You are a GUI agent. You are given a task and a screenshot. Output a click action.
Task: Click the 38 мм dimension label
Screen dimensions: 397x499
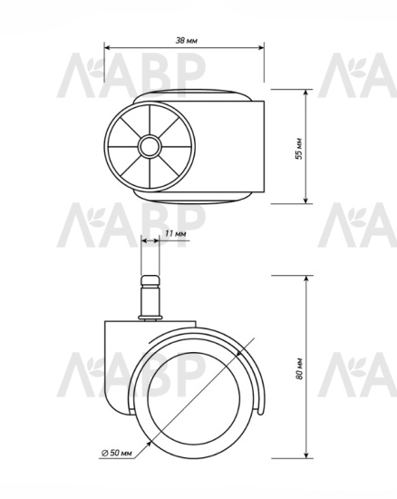tap(187, 41)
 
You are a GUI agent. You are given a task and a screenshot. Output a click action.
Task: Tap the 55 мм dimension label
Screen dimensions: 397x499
tap(299, 148)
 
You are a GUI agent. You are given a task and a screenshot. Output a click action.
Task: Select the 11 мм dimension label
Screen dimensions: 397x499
tap(176, 233)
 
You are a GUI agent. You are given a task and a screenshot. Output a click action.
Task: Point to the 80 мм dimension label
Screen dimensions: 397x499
tap(299, 368)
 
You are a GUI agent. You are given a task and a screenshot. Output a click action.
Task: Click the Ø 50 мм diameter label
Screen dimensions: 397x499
tap(116, 453)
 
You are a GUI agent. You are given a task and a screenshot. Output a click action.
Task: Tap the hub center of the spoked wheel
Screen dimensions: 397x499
tap(150, 147)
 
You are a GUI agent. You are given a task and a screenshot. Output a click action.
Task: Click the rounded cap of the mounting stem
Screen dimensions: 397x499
tap(150, 281)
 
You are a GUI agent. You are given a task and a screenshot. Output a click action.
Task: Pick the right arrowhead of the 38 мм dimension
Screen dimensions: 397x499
tap(261, 48)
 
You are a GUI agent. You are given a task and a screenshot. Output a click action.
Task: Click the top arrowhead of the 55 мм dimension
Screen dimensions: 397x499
tap(305, 93)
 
